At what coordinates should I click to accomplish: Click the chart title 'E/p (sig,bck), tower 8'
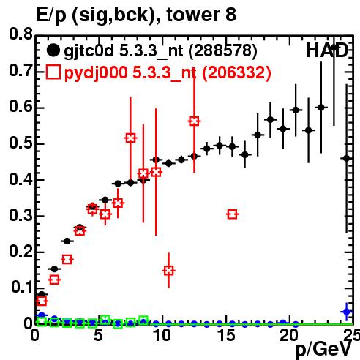click(x=136, y=15)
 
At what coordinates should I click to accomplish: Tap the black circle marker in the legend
click(x=53, y=50)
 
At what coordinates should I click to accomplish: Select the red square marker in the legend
click(x=53, y=72)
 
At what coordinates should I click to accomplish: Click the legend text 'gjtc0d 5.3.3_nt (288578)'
click(x=160, y=51)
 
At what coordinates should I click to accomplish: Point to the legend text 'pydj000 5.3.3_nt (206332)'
click(x=168, y=72)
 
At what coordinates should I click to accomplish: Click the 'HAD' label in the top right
click(x=327, y=50)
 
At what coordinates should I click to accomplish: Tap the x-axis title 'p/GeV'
click(x=323, y=349)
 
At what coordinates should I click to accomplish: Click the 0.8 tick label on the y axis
click(x=20, y=34)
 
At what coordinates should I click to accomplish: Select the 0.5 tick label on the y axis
click(x=20, y=143)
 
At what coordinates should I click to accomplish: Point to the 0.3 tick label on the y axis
click(x=20, y=215)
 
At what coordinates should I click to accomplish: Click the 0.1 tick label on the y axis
click(x=22, y=288)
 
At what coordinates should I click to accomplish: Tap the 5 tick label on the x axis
click(x=98, y=335)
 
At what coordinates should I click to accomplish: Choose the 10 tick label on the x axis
click(x=162, y=335)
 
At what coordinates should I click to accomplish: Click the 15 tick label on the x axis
click(x=226, y=335)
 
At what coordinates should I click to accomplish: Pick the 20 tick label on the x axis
click(x=289, y=335)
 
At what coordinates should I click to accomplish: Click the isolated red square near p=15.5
click(x=232, y=214)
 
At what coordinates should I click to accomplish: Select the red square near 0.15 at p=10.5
click(x=168, y=271)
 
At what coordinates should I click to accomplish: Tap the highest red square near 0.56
click(x=194, y=121)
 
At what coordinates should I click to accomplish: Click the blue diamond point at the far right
click(x=346, y=312)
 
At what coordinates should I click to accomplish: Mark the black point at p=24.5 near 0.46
click(x=346, y=159)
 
